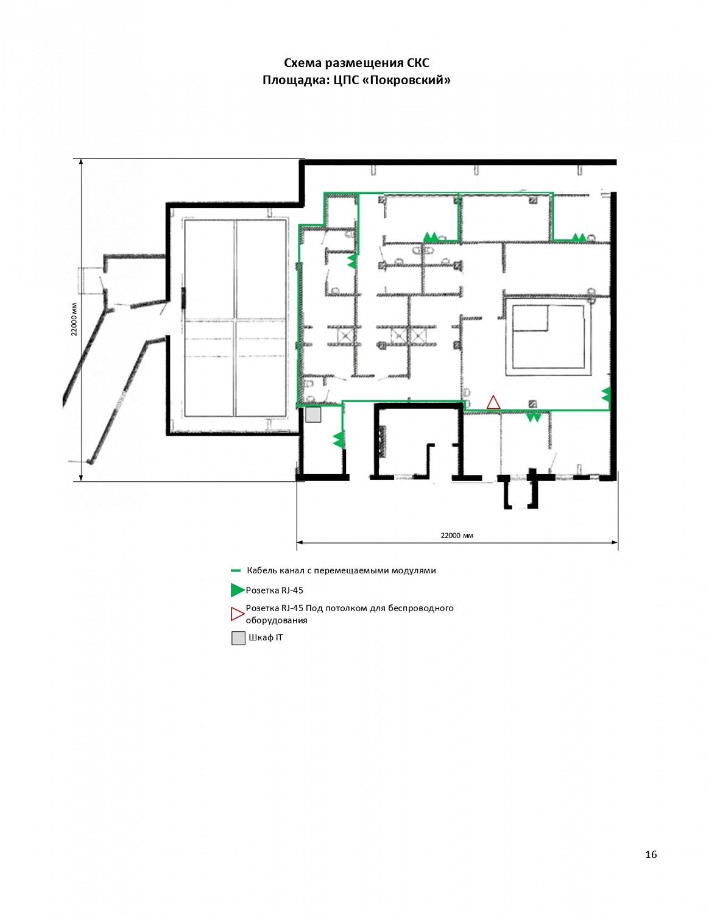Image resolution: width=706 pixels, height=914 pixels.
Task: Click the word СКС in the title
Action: pyautogui.click(x=417, y=63)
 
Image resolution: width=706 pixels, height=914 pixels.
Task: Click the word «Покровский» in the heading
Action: pyautogui.click(x=406, y=80)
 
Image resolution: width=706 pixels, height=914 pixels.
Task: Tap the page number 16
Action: pyautogui.click(x=651, y=854)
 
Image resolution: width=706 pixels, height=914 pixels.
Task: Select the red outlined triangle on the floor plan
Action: pyautogui.click(x=493, y=402)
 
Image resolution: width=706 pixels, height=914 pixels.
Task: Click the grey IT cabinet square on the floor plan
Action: pyautogui.click(x=313, y=414)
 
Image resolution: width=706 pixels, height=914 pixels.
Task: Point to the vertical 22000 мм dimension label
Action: pyautogui.click(x=74, y=319)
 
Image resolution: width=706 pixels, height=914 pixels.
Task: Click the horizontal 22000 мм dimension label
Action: pyautogui.click(x=457, y=536)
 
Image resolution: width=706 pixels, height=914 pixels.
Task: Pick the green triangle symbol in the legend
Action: pyautogui.click(x=238, y=590)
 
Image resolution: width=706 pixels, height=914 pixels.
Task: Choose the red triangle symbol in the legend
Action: pyautogui.click(x=238, y=614)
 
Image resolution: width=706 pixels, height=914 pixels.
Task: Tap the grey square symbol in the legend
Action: pyautogui.click(x=238, y=638)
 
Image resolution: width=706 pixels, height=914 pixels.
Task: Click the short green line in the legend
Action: pyautogui.click(x=236, y=571)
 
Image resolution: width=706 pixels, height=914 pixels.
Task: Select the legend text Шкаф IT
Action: pyautogui.click(x=266, y=637)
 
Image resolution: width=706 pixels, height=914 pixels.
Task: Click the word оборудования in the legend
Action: pyautogui.click(x=277, y=620)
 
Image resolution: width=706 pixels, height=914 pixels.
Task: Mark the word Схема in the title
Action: pyautogui.click(x=303, y=63)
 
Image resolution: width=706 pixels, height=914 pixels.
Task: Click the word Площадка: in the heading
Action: pyautogui.click(x=296, y=80)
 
